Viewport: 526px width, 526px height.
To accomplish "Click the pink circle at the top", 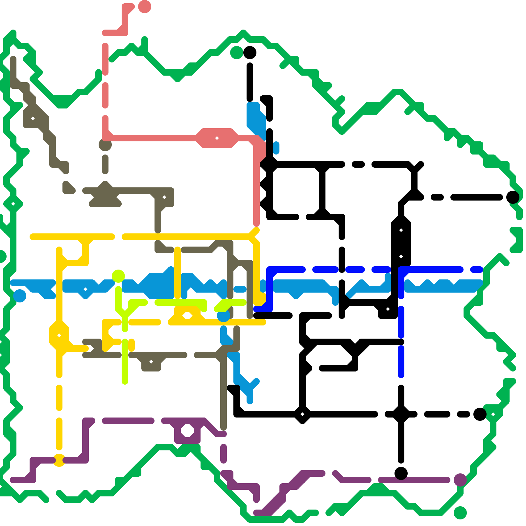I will (x=145, y=7).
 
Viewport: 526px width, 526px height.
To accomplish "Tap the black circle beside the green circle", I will (x=250, y=53).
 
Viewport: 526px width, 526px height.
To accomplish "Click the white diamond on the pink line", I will (x=217, y=138).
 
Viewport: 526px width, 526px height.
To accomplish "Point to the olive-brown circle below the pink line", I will (x=105, y=144).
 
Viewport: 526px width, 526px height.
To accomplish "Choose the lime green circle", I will (x=118, y=276).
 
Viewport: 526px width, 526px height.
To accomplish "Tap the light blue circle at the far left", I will (x=20, y=296).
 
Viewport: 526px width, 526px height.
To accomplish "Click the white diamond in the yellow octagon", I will (x=59, y=335).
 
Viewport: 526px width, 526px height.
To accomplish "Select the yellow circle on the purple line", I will (x=59, y=460).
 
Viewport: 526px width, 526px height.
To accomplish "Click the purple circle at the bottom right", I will (x=460, y=480).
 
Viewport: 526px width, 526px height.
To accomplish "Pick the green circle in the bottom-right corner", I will (x=460, y=513).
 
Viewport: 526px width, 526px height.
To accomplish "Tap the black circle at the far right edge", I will (x=513, y=197).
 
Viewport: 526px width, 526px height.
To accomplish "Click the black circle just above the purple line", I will (x=401, y=473).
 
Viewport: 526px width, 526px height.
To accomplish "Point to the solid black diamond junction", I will (x=401, y=414).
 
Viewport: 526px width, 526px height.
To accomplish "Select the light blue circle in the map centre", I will (x=224, y=316).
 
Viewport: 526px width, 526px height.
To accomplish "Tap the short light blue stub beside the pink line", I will (x=276, y=148).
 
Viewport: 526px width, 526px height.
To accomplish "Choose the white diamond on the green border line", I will (x=13, y=204).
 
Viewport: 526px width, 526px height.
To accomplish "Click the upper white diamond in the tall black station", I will (x=401, y=230).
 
